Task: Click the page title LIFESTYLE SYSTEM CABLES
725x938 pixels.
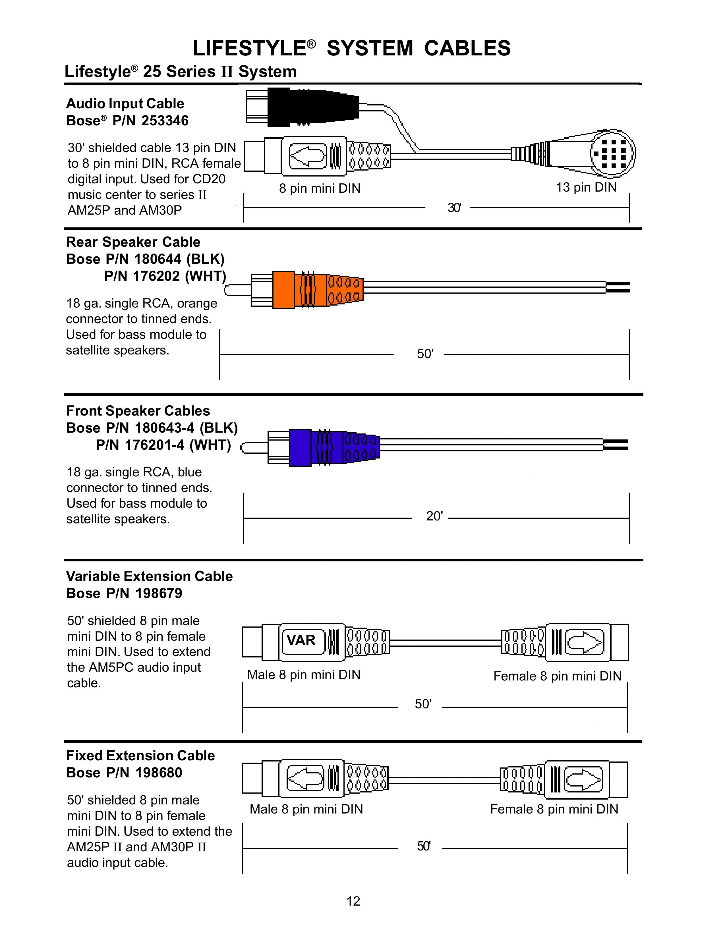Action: point(351,48)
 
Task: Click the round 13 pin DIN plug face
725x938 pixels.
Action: point(612,153)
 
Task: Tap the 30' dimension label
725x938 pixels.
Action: point(454,208)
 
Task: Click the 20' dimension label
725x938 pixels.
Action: point(434,516)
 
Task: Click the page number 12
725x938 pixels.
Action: point(353,901)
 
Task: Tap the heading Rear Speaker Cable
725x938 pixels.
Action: point(133,242)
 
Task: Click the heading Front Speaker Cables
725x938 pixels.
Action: point(138,411)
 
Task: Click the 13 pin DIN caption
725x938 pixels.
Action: point(586,187)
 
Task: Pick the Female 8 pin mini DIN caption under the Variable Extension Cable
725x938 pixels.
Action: point(557,676)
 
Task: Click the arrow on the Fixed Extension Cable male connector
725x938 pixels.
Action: point(305,778)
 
